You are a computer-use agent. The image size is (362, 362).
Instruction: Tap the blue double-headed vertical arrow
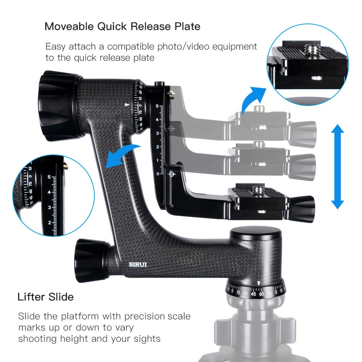[x=337, y=166]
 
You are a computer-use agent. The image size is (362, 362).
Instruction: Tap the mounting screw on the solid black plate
[x=258, y=189]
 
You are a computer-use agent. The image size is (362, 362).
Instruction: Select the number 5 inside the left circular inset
[x=49, y=177]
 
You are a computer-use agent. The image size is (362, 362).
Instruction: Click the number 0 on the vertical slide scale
[x=157, y=174]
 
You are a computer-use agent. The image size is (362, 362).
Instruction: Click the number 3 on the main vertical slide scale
[x=157, y=133]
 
